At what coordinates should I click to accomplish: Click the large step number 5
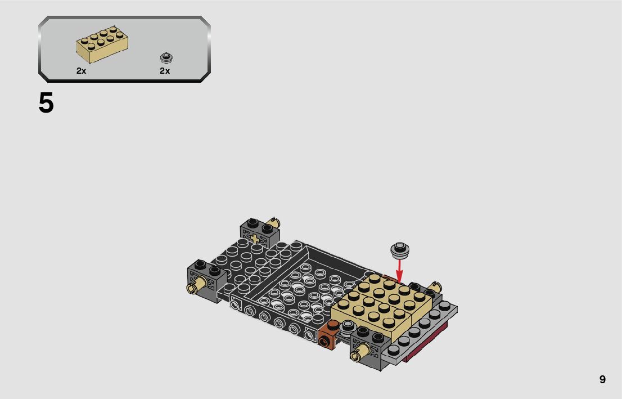[46, 103]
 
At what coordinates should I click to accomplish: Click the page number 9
[602, 379]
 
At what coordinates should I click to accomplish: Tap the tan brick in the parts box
[102, 44]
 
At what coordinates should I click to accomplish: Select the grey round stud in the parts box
[166, 58]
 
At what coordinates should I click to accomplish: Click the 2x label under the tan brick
[82, 71]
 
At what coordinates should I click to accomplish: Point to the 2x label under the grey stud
[165, 71]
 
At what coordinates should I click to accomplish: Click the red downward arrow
[399, 270]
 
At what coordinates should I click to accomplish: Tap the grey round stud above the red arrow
[400, 249]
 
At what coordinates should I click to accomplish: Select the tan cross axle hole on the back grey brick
[254, 239]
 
